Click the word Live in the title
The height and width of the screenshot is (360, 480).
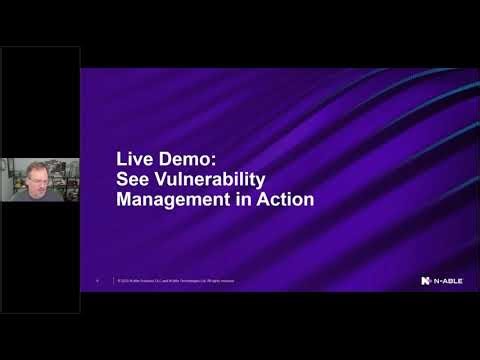coord(133,160)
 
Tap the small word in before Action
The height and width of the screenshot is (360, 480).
coord(245,199)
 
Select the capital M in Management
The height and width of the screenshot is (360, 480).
coord(124,199)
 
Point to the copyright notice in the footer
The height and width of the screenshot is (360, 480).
coord(176,281)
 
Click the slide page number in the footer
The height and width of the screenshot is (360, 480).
coord(97,281)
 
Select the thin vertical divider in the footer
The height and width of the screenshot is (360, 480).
coord(113,281)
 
